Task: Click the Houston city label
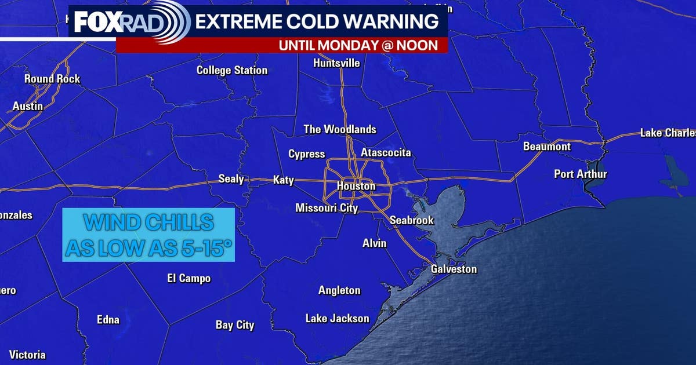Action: point(356,187)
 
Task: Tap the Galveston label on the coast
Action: point(454,269)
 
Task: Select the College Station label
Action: point(232,71)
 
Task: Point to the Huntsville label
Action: point(336,63)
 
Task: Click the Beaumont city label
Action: point(547,147)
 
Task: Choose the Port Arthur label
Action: point(580,174)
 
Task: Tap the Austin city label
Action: point(28,107)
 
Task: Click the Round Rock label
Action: point(52,79)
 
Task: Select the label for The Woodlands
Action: point(340,130)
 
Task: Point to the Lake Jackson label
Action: point(337,319)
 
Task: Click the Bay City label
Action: point(235,325)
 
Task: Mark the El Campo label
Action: point(188,279)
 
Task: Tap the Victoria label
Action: point(27,355)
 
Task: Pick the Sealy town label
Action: point(231,179)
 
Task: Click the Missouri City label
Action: point(327,208)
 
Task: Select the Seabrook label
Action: point(411,221)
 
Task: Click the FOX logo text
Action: point(97,23)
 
